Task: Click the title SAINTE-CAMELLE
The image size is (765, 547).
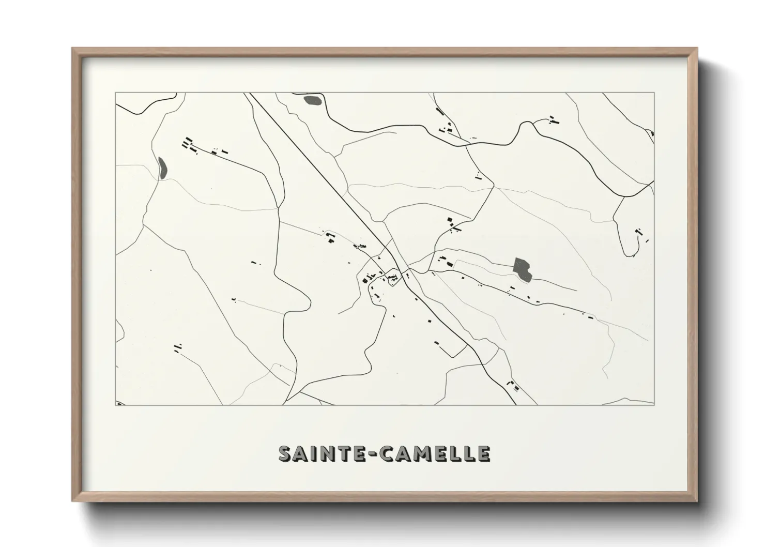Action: pos(385,453)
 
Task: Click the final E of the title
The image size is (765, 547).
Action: pos(483,453)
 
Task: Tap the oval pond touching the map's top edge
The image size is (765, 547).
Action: pos(313,100)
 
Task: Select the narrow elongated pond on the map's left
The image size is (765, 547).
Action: pos(162,166)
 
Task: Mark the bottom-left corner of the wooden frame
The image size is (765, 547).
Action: pos(73,501)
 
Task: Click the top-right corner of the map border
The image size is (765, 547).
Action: pos(654,93)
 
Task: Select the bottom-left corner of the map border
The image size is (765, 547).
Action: pos(116,405)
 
